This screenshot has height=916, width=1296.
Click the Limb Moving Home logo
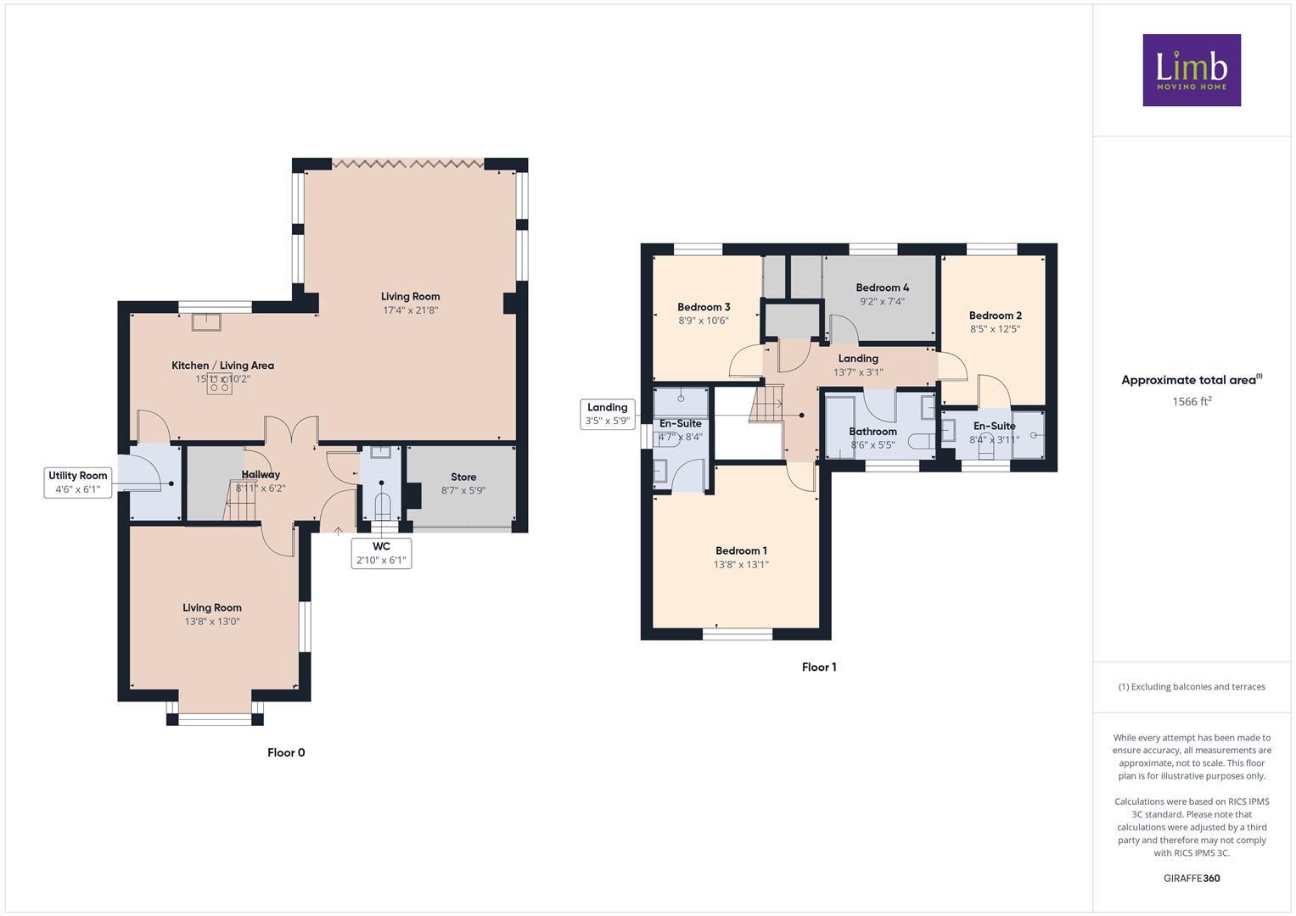(1191, 70)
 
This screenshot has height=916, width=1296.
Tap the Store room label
(463, 478)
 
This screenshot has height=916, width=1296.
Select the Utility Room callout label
(78, 483)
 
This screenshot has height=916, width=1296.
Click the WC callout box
(381, 553)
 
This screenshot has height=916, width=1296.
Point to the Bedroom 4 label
(882, 288)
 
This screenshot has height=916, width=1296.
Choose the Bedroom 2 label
(995, 316)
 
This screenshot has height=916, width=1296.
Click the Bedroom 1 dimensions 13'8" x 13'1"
(741, 565)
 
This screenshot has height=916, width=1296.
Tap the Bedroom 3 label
(704, 307)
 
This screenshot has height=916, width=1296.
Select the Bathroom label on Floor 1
(872, 432)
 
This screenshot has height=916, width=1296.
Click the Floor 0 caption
(286, 753)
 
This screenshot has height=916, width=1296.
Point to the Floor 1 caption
(819, 667)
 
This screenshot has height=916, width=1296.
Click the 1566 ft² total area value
(1192, 402)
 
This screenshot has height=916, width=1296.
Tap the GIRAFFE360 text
(1192, 879)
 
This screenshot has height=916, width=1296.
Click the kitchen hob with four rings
(220, 383)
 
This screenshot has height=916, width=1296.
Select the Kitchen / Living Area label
(222, 366)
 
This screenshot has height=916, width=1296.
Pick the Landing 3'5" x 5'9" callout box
(607, 414)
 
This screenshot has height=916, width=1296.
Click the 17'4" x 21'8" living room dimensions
(410, 310)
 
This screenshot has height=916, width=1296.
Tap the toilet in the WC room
(382, 505)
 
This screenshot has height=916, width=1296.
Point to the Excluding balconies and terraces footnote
(1192, 687)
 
